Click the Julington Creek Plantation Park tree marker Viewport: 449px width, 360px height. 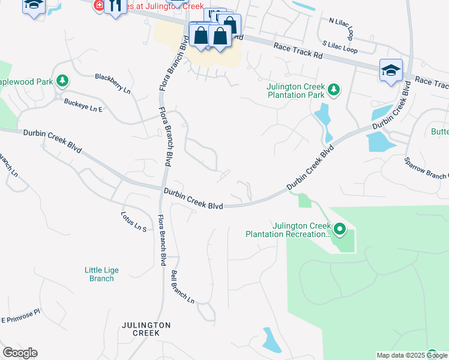point(334,91)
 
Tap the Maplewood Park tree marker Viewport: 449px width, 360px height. point(62,81)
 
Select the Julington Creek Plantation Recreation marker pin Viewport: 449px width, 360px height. point(339,229)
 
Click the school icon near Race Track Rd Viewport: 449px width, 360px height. point(391,70)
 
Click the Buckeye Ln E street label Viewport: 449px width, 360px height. point(84,105)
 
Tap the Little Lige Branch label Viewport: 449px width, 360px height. point(101,274)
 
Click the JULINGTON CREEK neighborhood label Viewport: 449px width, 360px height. point(146,329)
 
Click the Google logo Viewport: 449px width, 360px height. point(20,353)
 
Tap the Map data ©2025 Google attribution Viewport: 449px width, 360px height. point(411,355)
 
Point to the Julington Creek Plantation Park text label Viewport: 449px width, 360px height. point(295,91)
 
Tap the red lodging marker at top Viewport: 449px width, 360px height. point(99,6)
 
